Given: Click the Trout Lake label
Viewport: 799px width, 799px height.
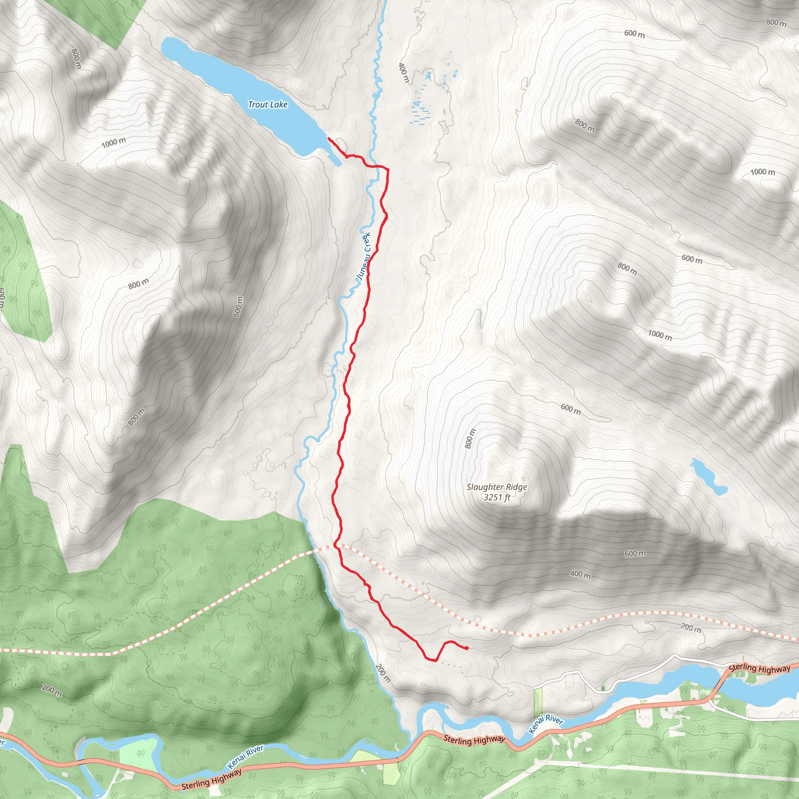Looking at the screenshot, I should point(268,105).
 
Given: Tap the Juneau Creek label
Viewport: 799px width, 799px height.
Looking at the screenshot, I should point(364,256).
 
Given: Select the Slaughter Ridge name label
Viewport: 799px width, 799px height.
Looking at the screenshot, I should point(497,487).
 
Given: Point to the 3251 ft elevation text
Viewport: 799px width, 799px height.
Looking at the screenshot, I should point(497,497).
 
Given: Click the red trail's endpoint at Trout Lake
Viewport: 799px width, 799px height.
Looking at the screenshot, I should point(328,138).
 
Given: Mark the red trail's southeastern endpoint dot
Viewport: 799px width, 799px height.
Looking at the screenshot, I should point(467,648).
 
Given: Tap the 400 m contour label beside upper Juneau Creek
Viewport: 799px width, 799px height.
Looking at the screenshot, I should point(403,73).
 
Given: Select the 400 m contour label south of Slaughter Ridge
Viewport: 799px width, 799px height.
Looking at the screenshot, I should point(580,574).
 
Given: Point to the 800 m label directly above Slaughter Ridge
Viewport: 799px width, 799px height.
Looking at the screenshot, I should point(470,439).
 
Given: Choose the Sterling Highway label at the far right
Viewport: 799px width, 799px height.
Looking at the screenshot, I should point(759,668).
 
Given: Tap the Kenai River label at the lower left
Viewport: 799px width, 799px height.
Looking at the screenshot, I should point(246,756).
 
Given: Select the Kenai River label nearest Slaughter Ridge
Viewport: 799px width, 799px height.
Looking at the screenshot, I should point(546,724).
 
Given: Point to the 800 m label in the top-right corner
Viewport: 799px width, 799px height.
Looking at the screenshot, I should point(776,23).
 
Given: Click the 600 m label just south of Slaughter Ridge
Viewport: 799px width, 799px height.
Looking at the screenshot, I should point(635,553).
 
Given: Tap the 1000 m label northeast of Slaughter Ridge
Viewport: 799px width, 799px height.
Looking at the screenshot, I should point(660,335).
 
